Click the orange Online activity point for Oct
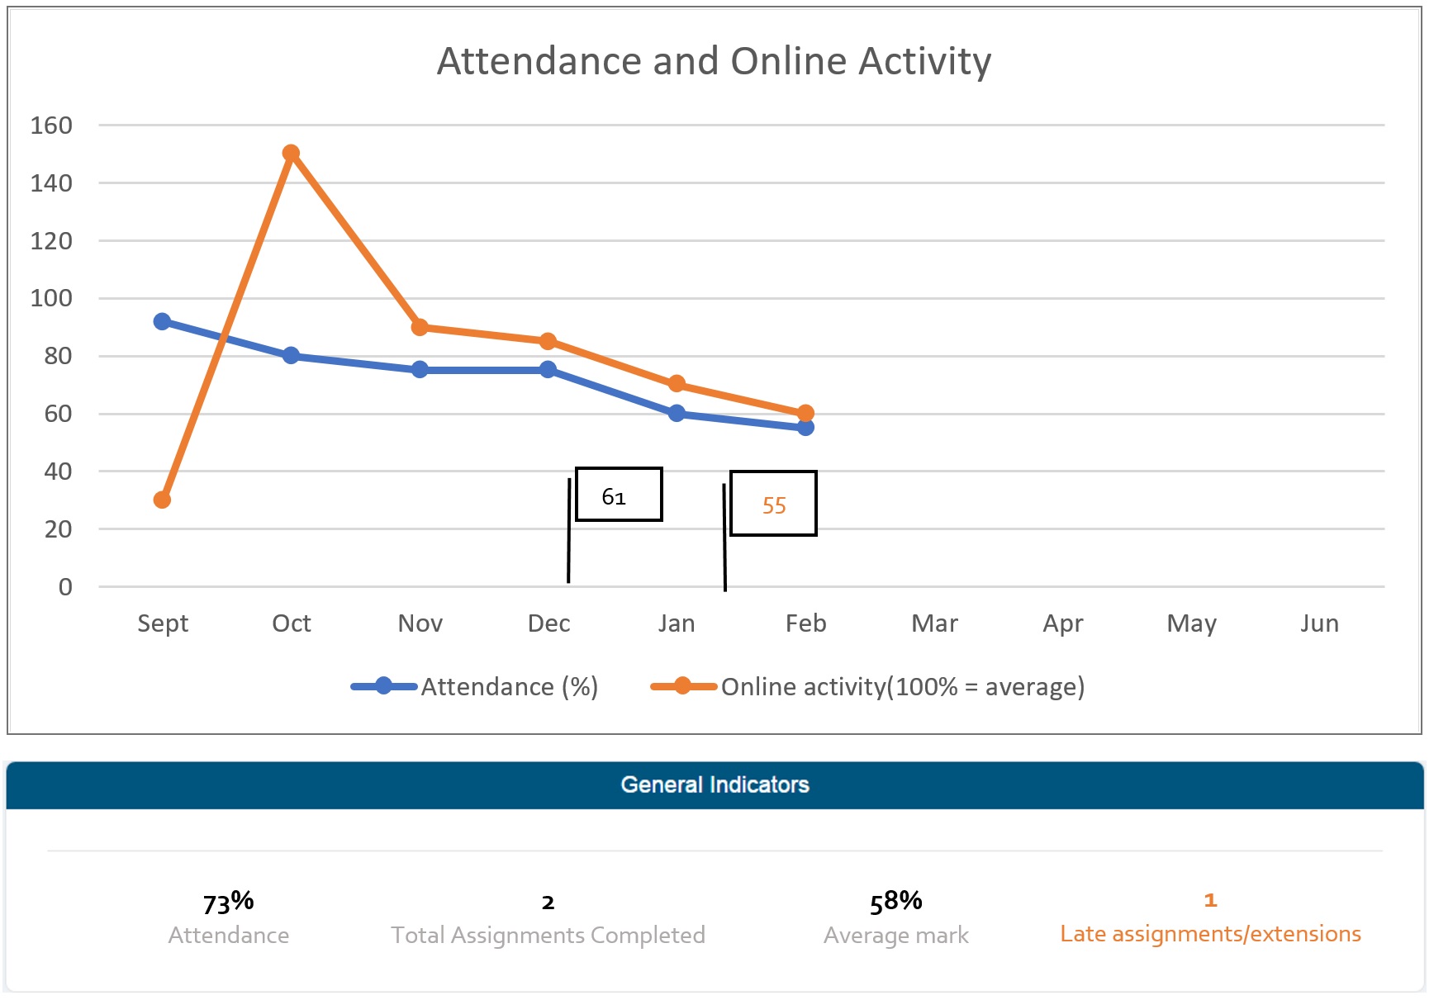click(x=291, y=154)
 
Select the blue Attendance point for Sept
click(x=162, y=321)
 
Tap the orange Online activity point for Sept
click(x=162, y=500)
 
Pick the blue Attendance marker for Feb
click(x=805, y=427)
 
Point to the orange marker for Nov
click(x=420, y=327)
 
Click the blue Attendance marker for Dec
click(x=548, y=369)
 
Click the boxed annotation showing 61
click(x=618, y=495)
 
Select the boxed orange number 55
click(x=773, y=505)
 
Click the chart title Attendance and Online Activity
click(x=714, y=61)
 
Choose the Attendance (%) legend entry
click(x=475, y=686)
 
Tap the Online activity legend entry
click(x=867, y=686)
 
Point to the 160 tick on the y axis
click(x=51, y=126)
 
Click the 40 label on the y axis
click(x=58, y=472)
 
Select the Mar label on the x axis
click(x=934, y=623)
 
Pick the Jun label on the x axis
click(x=1319, y=623)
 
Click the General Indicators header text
click(x=715, y=784)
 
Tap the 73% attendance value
click(x=229, y=902)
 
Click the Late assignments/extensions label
click(x=1210, y=934)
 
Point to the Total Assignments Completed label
click(x=548, y=935)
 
